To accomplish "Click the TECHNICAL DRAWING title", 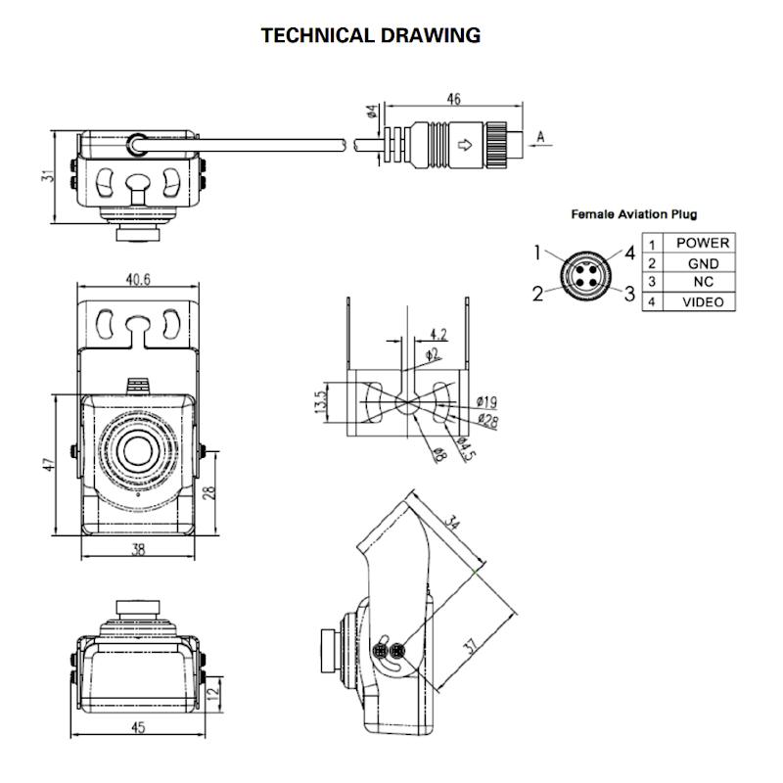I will (x=370, y=36).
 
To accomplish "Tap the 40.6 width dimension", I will (x=138, y=280).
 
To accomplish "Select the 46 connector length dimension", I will (x=453, y=100).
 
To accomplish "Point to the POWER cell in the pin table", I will (x=703, y=243).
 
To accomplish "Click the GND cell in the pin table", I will (x=703, y=263).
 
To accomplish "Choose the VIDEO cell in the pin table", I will (x=703, y=302).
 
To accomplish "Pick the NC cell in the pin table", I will (x=703, y=282).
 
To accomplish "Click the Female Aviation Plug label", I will (x=633, y=214).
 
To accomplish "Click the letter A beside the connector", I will (x=539, y=138).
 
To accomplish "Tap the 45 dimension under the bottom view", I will (x=138, y=727).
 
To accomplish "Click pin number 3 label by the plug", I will (x=629, y=293).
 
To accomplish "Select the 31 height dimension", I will (x=45, y=177).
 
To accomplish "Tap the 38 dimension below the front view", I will (x=138, y=549).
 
